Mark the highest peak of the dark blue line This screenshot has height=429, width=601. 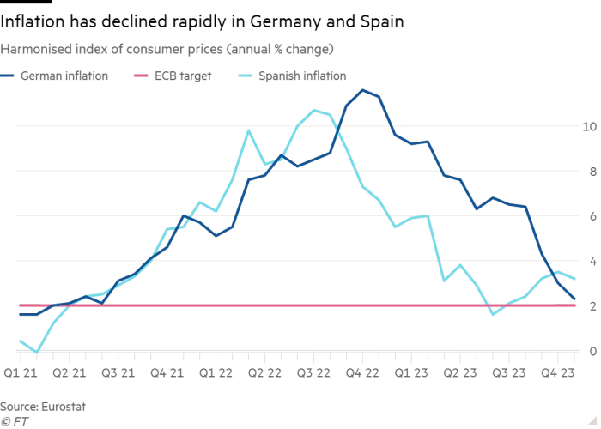click(x=365, y=90)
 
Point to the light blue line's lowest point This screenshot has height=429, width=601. click(x=35, y=351)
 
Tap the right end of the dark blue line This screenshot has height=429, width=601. click(x=574, y=300)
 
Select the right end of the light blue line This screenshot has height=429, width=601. click(x=574, y=278)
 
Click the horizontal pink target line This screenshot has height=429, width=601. click(x=258, y=305)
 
